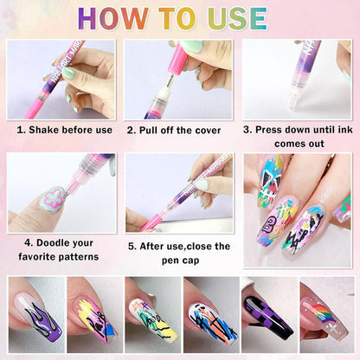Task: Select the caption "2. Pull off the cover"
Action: pos(179,130)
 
